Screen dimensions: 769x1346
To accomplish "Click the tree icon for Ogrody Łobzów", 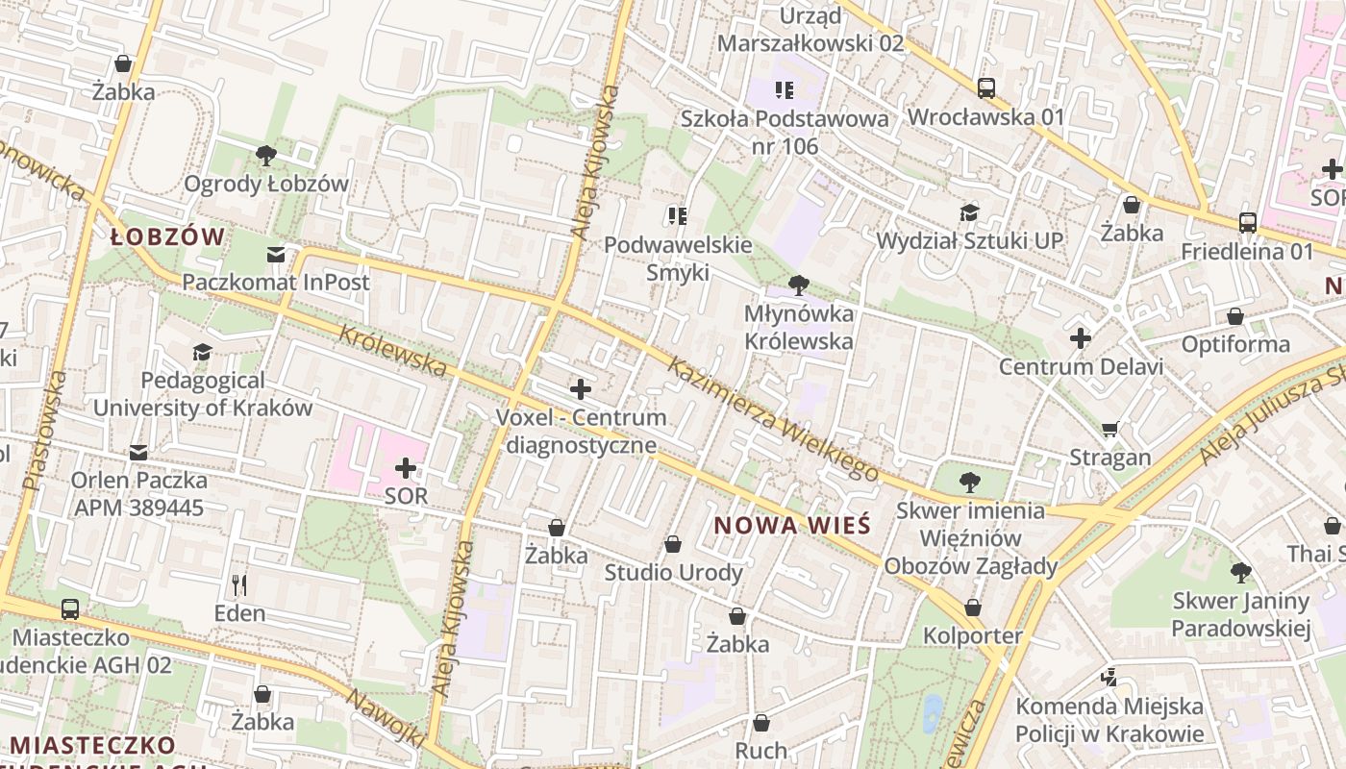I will click(x=266, y=154).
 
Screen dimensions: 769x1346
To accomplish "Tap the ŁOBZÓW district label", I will click(x=167, y=237).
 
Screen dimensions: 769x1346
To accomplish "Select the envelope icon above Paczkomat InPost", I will click(x=276, y=255).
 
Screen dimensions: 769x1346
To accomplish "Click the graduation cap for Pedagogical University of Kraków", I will click(x=202, y=353).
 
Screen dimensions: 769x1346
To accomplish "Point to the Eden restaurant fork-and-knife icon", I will click(x=239, y=583).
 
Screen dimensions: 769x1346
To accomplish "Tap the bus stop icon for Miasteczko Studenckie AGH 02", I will click(x=70, y=608).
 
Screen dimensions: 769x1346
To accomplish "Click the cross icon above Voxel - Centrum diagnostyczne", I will click(x=581, y=389).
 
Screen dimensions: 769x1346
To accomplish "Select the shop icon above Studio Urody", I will click(x=673, y=544).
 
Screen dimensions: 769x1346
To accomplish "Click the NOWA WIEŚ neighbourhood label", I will click(x=793, y=526).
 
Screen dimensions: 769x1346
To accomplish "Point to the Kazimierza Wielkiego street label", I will click(x=773, y=419).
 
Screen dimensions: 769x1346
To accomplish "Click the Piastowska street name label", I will click(x=45, y=430).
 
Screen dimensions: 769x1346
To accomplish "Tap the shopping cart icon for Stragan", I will click(x=1110, y=429).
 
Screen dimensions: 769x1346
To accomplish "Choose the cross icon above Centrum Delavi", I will click(x=1081, y=338).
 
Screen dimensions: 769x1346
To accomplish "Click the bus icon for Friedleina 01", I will click(x=1248, y=222).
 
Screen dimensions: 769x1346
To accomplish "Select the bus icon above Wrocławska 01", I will click(x=986, y=88).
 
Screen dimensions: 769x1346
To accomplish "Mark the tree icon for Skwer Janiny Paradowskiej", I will click(x=1241, y=573).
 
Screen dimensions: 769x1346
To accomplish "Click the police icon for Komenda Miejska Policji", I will click(x=1109, y=678).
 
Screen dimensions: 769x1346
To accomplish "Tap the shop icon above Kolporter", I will click(x=973, y=608).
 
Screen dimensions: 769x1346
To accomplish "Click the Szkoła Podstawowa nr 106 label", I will click(x=785, y=133).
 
